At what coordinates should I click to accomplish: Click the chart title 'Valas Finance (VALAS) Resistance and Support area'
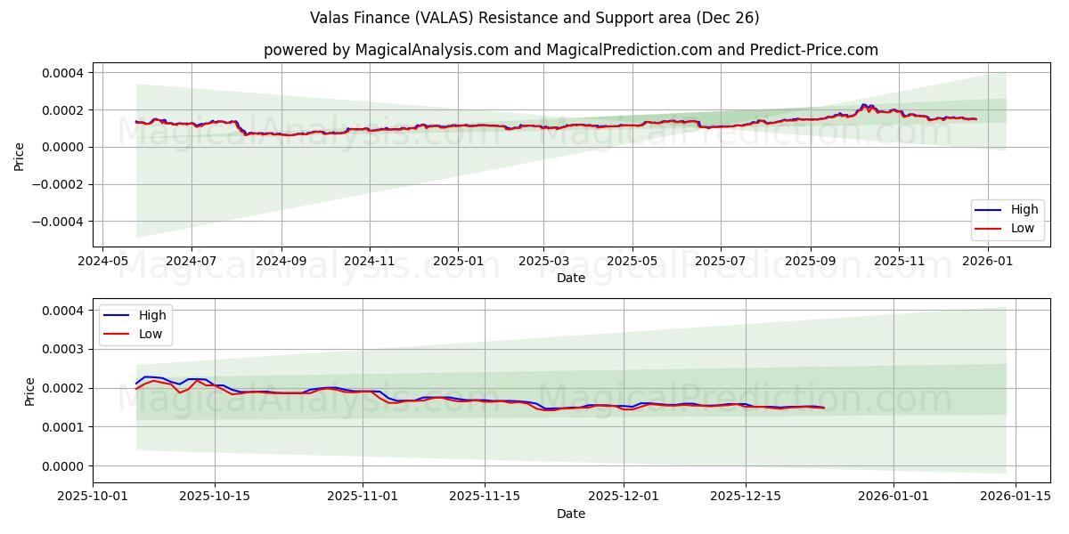pyautogui.click(x=534, y=18)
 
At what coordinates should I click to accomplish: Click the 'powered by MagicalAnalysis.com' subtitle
pyautogui.click(x=570, y=50)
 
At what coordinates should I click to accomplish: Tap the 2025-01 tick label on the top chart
pyautogui.click(x=458, y=262)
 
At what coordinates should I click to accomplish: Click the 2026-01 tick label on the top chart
pyautogui.click(x=987, y=262)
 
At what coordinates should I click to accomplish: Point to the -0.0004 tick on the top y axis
pyautogui.click(x=57, y=222)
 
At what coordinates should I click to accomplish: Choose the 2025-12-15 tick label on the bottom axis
pyautogui.click(x=745, y=498)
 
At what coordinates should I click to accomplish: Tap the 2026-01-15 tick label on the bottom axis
pyautogui.click(x=1016, y=498)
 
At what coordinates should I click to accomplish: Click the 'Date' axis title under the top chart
pyautogui.click(x=570, y=278)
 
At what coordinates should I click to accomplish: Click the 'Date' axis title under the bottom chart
pyautogui.click(x=570, y=514)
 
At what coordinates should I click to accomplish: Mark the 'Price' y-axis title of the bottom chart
pyautogui.click(x=30, y=392)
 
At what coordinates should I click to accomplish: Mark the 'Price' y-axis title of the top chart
pyautogui.click(x=20, y=155)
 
